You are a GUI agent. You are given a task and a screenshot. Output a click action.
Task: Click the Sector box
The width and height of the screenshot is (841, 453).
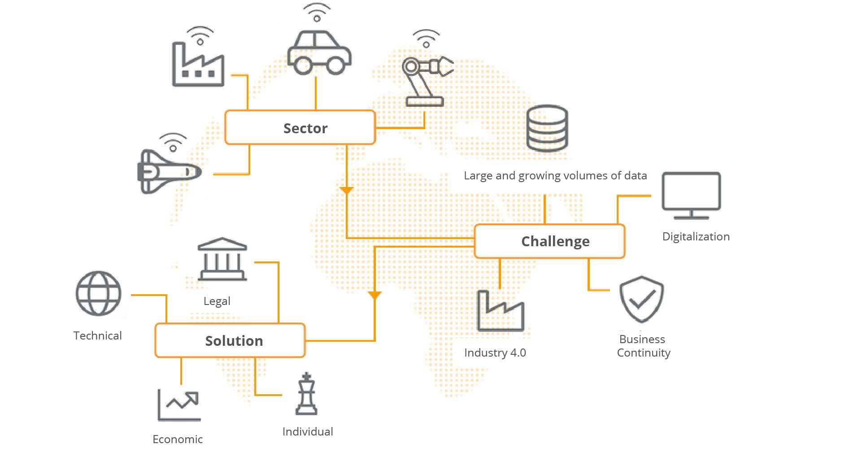pyautogui.click(x=300, y=128)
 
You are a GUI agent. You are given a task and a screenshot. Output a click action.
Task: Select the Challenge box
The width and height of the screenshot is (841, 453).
pyautogui.click(x=549, y=241)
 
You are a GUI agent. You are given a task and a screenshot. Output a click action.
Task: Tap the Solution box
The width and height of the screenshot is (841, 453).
pyautogui.click(x=230, y=340)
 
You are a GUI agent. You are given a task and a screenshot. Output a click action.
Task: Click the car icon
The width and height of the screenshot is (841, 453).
pyautogui.click(x=319, y=53)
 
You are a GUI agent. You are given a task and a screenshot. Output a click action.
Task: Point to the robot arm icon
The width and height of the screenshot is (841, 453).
pyautogui.click(x=426, y=81)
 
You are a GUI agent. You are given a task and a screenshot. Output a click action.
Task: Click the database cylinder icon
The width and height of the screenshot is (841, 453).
pyautogui.click(x=547, y=128)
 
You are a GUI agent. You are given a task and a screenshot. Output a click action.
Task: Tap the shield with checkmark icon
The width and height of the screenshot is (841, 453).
pyautogui.click(x=641, y=299)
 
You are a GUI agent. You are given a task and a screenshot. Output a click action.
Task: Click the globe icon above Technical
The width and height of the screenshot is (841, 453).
pyautogui.click(x=98, y=293)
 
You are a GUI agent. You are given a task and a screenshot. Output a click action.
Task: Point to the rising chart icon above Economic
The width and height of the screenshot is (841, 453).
pyautogui.click(x=179, y=405)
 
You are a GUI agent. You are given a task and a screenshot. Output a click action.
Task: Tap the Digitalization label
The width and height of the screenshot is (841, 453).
pyautogui.click(x=696, y=237)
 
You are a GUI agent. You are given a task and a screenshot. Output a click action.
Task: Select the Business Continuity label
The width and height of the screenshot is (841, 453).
pyautogui.click(x=643, y=346)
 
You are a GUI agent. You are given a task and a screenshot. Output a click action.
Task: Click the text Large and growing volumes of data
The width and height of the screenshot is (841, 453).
pyautogui.click(x=555, y=176)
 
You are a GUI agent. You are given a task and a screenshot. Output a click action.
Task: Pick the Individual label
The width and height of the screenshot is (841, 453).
pyautogui.click(x=308, y=431)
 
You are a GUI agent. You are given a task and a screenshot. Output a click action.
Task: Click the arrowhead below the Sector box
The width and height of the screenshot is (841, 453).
pyautogui.click(x=346, y=190)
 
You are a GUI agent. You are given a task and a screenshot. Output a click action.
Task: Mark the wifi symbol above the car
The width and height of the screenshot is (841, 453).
pyautogui.click(x=317, y=13)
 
